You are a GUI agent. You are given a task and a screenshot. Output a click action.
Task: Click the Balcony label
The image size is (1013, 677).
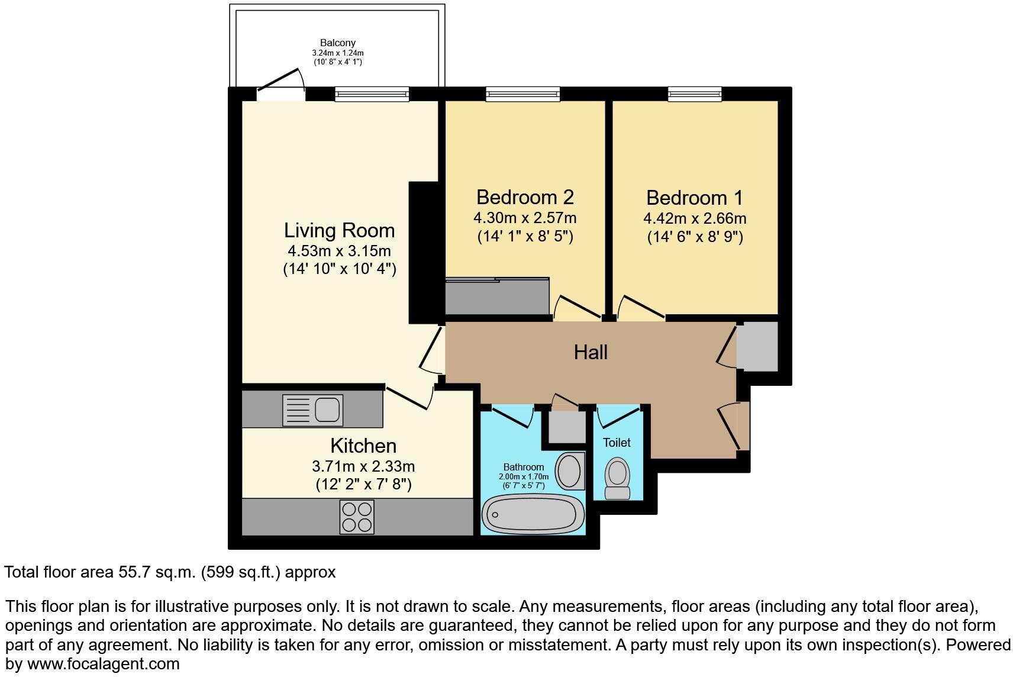click(x=337, y=43)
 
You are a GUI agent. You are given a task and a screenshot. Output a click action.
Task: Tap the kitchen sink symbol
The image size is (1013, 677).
click(x=313, y=410)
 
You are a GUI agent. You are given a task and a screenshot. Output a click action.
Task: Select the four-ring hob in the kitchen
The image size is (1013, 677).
click(x=357, y=517)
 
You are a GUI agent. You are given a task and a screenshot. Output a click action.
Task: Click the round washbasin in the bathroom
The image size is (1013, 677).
click(x=570, y=470)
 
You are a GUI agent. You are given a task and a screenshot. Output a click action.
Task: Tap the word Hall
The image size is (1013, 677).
click(x=591, y=353)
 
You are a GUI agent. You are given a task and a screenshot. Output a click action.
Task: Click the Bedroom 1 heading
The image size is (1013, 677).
click(x=695, y=198)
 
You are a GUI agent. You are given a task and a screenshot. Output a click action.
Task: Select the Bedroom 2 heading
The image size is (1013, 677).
click(x=525, y=196)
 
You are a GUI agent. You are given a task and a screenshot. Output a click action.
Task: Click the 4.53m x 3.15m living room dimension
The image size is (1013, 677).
click(x=339, y=251)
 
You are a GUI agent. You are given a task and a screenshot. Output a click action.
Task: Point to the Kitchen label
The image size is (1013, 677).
click(x=363, y=446)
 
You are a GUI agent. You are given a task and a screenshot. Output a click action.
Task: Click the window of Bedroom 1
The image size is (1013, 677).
click(x=695, y=94)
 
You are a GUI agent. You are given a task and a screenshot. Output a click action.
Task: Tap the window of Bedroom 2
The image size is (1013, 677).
click(x=522, y=94)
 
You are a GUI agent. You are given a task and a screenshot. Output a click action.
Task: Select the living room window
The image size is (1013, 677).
click(x=372, y=94)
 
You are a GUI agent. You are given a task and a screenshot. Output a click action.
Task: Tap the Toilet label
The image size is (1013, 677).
click(x=617, y=443)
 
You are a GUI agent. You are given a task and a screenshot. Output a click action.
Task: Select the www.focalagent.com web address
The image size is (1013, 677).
click(x=103, y=663)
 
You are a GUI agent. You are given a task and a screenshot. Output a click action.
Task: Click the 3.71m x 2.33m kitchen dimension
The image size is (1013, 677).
click(x=363, y=466)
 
